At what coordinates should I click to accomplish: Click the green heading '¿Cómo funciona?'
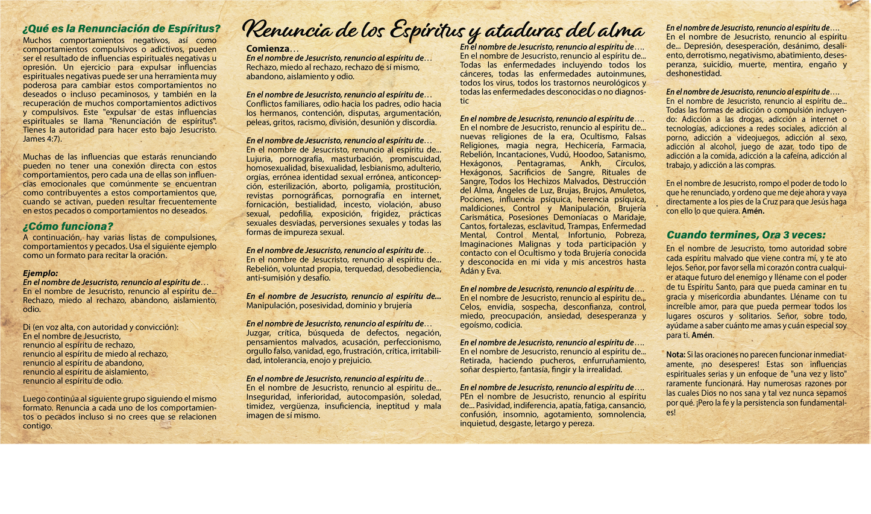pos(68,227)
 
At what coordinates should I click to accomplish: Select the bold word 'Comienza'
pos(268,49)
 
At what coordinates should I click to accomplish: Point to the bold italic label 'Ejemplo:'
pos(40,273)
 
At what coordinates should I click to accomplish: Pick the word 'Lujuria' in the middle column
pos(259,159)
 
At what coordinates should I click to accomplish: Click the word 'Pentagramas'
pos(541,163)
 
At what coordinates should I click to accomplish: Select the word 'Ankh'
pos(590,163)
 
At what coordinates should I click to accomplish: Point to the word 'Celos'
pos(470,307)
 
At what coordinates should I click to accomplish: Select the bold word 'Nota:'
pos(676,354)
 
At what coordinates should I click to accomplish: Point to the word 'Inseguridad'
pos(268,397)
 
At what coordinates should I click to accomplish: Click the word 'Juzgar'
pos(259,333)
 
